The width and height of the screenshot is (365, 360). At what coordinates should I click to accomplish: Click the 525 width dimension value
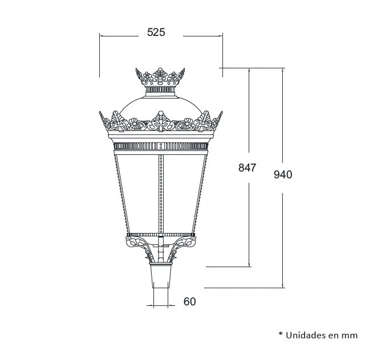[x=156, y=32]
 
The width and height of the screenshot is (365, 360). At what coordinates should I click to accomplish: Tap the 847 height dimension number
[x=247, y=167]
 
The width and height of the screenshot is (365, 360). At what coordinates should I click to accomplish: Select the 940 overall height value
[x=283, y=175]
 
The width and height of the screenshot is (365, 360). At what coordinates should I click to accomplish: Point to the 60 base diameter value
[x=189, y=302]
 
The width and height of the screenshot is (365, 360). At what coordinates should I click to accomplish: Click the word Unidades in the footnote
[x=305, y=336]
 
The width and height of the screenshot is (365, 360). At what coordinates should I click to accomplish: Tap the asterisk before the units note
[x=281, y=334]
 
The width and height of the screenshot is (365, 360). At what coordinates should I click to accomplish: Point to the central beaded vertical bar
[x=161, y=194]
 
